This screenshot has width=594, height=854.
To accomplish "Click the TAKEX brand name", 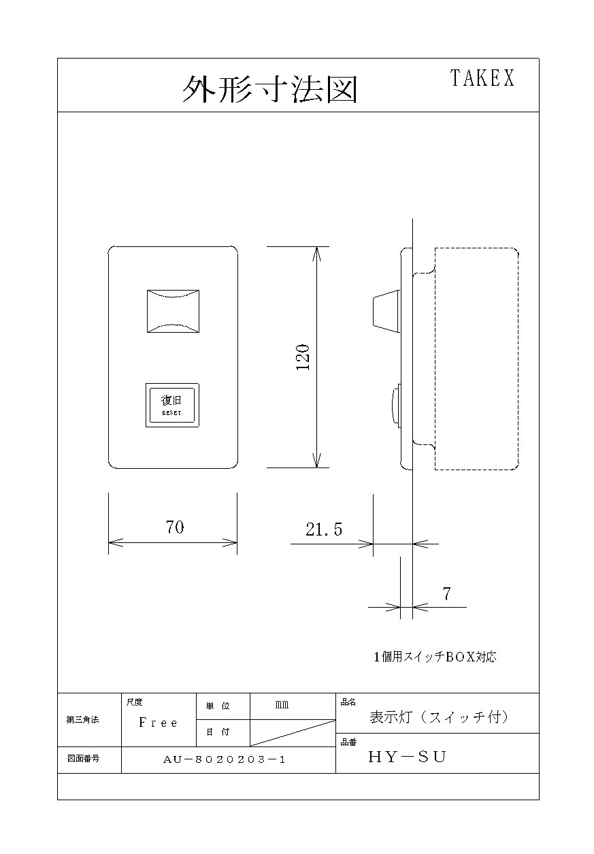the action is click(482, 78).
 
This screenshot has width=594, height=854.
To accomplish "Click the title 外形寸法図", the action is click(270, 89).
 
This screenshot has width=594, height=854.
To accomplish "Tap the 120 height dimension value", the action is click(303, 357).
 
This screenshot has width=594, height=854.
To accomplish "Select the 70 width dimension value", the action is click(175, 527).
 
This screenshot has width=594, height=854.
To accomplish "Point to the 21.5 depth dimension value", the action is click(324, 529).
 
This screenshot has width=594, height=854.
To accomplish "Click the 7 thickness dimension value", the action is click(447, 593).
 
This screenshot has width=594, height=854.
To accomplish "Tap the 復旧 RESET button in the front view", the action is click(172, 405).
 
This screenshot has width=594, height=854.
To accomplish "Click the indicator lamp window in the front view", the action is click(173, 311).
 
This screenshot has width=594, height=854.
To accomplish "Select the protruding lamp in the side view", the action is click(386, 311).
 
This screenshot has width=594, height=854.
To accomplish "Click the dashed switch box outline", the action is click(518, 359).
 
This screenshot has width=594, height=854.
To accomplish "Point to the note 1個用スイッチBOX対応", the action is click(435, 657).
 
